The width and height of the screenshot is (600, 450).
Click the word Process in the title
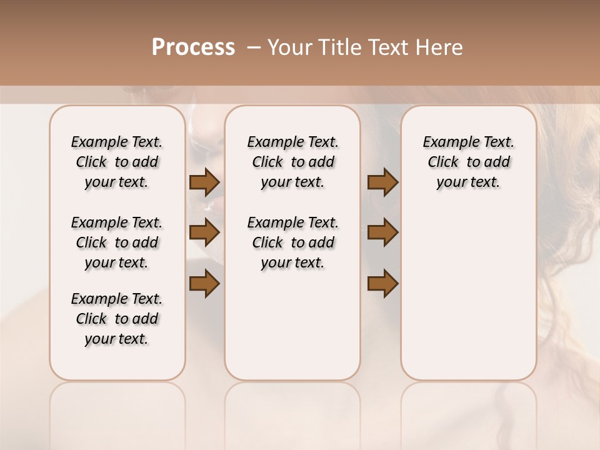193,47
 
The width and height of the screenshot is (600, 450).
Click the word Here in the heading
439,47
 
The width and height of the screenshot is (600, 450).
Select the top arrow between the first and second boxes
204,182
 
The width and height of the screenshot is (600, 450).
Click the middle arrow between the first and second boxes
204,232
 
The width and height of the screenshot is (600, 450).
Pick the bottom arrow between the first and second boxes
204,284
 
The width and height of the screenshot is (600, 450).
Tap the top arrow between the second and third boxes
382,182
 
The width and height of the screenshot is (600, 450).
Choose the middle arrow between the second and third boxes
382,232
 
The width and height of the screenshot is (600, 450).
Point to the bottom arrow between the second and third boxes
382,284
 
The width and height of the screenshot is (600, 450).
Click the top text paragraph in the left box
117,162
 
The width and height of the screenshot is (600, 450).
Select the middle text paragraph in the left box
117,242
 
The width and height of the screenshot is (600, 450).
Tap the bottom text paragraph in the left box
117,319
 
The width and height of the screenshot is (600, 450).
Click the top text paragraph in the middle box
292,162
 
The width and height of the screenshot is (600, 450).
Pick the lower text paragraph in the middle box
292,242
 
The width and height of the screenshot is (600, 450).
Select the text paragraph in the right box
468,162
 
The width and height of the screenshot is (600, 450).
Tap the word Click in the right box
443,162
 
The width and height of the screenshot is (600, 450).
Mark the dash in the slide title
254,48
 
